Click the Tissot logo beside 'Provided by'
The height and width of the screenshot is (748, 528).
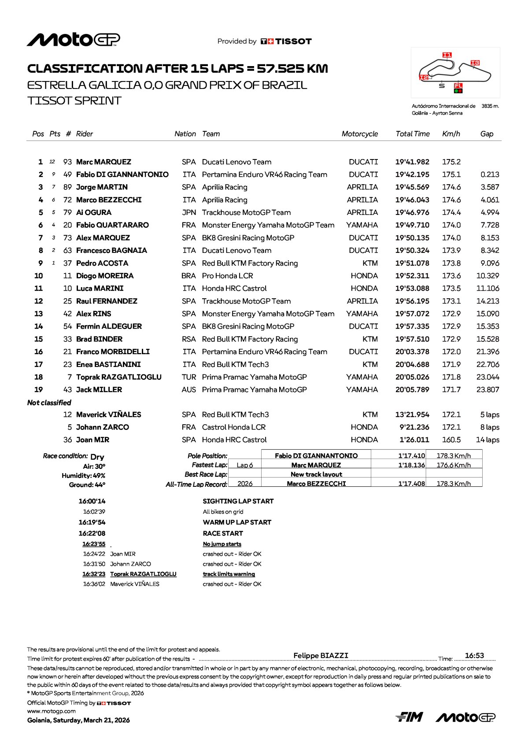286,41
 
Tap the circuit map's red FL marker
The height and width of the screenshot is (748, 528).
458,86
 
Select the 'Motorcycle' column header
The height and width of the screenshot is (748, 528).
359,134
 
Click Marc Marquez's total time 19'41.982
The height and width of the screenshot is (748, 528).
412,162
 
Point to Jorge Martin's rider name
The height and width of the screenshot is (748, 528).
102,187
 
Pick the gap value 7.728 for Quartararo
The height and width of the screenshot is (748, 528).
490,225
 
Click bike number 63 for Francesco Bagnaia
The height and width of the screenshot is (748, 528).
67,251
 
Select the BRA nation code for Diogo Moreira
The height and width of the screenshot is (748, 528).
188,276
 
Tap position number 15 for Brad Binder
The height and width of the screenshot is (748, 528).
39,339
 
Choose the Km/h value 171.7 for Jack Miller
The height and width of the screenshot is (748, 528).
451,390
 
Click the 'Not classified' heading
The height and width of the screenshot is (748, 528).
49,403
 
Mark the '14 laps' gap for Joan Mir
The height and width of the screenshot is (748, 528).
487,440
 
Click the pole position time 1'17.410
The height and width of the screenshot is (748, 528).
412,456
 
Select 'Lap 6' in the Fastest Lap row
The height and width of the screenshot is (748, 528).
245,465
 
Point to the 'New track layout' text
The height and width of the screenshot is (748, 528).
316,474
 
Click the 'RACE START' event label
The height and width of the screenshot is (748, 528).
223,533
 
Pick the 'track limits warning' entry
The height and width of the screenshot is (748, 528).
229,574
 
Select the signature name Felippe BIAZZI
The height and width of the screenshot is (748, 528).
321,655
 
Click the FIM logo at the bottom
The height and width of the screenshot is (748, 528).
410,717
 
